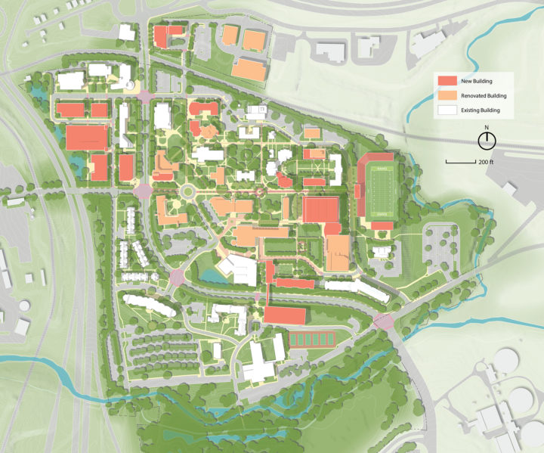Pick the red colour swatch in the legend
tap(446, 81)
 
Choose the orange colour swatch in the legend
tap(446, 96)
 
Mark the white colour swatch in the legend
tap(446, 111)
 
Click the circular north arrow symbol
tap(487, 140)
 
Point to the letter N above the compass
tap(487, 128)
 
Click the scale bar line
tap(459, 162)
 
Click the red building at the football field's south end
tap(382, 225)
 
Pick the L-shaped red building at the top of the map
tap(166, 36)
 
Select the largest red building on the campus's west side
tap(87, 138)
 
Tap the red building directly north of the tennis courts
tap(286, 315)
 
